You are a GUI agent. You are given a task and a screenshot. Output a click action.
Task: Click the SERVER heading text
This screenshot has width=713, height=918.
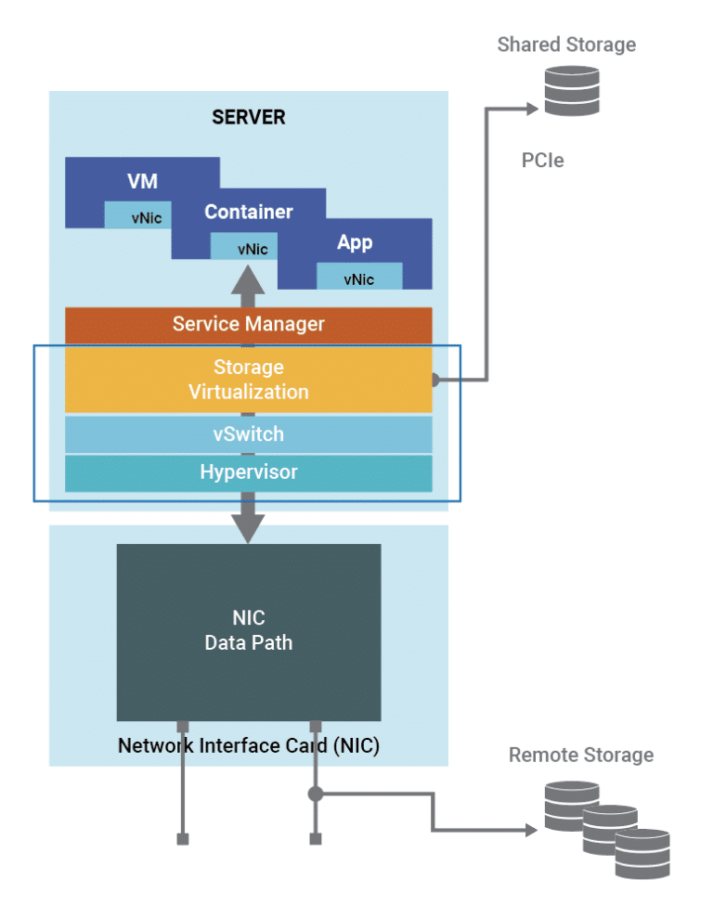tap(249, 117)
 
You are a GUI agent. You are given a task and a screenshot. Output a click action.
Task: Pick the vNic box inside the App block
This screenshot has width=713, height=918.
tap(359, 278)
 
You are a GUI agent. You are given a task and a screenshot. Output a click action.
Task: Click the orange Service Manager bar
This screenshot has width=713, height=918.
tap(248, 324)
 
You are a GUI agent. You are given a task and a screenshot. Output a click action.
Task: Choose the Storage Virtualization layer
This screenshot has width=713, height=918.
tap(248, 380)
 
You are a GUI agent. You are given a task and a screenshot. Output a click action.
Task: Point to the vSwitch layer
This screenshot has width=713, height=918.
tap(248, 433)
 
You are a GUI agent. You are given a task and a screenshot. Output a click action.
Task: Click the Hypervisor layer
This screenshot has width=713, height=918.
tap(248, 472)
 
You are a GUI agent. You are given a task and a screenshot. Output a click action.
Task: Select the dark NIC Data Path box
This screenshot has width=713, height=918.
tap(248, 631)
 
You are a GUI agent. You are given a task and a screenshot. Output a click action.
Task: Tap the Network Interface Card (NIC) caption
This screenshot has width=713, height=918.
tap(248, 745)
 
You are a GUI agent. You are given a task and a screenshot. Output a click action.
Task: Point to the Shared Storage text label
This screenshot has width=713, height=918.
tap(566, 45)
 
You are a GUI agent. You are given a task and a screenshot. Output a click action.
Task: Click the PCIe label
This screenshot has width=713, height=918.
tap(542, 161)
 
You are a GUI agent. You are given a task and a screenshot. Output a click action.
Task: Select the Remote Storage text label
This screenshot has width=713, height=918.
tap(580, 755)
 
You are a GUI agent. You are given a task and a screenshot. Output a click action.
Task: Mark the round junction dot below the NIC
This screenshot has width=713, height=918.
tap(316, 794)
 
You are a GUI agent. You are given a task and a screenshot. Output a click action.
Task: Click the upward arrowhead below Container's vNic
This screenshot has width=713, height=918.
tap(248, 278)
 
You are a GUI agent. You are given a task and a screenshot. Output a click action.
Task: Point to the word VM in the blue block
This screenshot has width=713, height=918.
tap(142, 181)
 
